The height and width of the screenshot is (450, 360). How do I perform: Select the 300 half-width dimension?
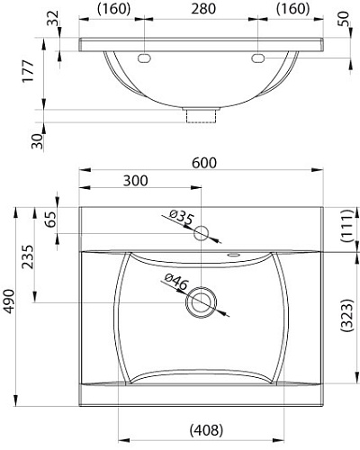[134, 180]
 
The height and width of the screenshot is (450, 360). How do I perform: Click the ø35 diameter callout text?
[180, 217]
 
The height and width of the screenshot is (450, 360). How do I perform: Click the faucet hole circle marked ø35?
[202, 234]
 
